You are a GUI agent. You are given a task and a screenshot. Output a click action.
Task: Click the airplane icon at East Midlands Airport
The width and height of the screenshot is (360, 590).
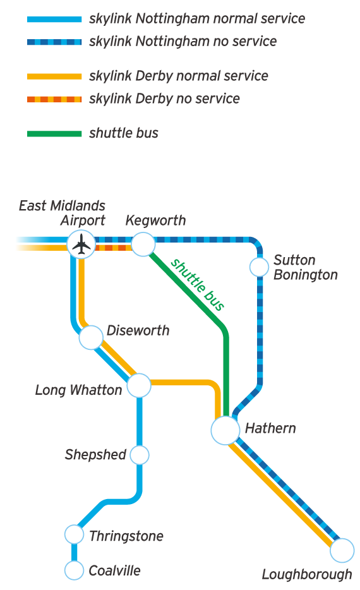point(80,244)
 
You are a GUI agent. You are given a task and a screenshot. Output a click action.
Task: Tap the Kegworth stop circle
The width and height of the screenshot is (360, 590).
point(143,244)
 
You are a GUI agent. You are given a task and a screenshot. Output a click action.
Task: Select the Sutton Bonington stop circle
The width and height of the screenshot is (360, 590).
point(259,267)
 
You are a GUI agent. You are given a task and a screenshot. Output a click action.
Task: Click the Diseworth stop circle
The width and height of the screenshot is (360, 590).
point(91,337)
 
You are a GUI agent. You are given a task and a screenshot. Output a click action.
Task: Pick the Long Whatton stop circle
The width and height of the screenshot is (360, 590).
point(139,385)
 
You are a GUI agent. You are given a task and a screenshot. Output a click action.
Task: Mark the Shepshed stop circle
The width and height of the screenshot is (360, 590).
point(139,454)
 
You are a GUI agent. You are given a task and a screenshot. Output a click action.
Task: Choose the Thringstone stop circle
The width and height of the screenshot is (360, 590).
point(75,534)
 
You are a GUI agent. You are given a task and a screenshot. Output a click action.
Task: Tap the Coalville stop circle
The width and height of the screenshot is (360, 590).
point(75,570)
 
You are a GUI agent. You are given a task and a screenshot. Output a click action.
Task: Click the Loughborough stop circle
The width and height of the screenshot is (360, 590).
point(342,550)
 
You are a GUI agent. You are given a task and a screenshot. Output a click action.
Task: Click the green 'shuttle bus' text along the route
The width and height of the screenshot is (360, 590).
point(198,285)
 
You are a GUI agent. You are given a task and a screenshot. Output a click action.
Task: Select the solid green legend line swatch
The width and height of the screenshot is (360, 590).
point(54,134)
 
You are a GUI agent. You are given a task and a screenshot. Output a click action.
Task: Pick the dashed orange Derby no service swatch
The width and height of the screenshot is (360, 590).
point(54,99)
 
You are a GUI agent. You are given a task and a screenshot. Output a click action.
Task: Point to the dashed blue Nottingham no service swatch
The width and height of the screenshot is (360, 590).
point(54,42)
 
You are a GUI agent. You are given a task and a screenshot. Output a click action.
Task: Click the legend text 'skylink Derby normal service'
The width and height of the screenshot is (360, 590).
point(179,76)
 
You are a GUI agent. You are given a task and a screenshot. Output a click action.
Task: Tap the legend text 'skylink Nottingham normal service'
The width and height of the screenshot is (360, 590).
point(197,19)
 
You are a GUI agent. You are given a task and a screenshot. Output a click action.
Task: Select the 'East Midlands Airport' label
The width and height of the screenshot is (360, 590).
point(63,213)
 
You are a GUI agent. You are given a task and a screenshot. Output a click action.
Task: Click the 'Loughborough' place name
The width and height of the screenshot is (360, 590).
point(307,574)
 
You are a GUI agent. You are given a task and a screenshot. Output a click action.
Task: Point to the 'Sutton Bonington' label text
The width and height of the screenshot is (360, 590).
point(305,267)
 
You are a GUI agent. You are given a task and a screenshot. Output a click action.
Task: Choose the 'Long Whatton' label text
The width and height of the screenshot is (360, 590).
point(78,390)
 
